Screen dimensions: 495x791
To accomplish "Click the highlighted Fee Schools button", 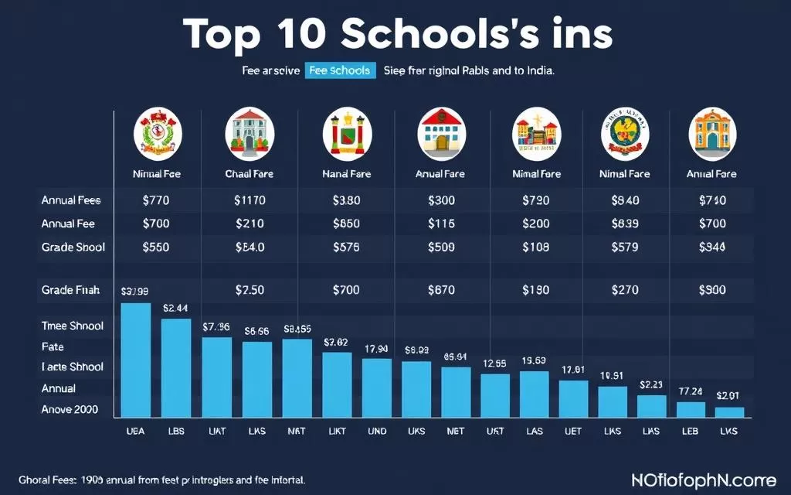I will [x=339, y=70].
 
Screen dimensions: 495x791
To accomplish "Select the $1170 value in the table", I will [x=250, y=200].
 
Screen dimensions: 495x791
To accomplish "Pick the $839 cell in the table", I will [x=626, y=224].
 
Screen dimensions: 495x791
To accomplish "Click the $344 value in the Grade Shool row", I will [x=711, y=247].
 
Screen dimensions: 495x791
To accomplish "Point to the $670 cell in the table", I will [x=441, y=291].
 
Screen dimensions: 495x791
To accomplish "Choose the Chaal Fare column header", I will [x=249, y=174].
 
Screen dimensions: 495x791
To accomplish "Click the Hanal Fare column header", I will [x=346, y=174].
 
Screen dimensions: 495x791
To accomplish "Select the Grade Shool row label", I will [x=73, y=247].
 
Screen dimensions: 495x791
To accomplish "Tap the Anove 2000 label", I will [x=70, y=409].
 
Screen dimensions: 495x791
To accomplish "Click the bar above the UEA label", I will [x=137, y=360].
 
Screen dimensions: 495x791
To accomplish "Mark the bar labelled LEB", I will [x=691, y=410].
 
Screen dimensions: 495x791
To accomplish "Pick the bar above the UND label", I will [x=377, y=388].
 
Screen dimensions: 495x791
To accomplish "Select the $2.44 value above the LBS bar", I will [x=176, y=307].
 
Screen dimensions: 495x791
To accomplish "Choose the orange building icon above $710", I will [x=711, y=130].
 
